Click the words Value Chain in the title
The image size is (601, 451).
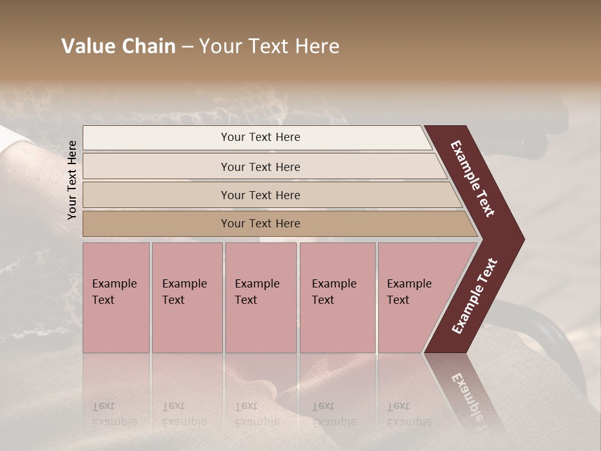coord(118,46)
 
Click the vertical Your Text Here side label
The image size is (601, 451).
coord(72,180)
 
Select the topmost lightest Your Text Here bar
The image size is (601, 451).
coord(260,137)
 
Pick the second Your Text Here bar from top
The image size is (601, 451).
coord(260,167)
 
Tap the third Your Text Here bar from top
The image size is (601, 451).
coord(260,195)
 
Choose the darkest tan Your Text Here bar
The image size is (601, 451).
coord(260,224)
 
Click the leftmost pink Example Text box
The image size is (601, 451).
coord(116,298)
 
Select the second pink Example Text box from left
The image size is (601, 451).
coord(187,298)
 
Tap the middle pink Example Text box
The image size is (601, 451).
coord(260,298)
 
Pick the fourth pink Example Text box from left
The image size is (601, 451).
coord(337,298)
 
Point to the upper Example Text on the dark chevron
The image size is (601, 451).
coord(473,179)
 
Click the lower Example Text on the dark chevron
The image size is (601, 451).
coord(475,296)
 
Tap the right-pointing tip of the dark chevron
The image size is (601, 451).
coord(520,239)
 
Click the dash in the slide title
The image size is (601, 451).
coord(187,46)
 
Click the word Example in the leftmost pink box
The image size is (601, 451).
coord(114,284)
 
